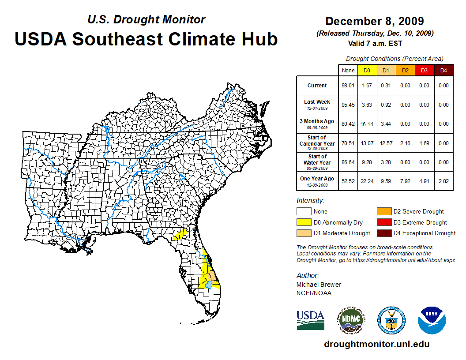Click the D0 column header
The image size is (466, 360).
click(x=366, y=70)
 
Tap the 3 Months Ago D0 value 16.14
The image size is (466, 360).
click(x=366, y=124)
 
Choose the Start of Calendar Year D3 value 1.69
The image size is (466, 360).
click(x=424, y=143)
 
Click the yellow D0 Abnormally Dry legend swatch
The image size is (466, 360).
click(x=304, y=222)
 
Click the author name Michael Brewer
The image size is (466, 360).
click(x=319, y=285)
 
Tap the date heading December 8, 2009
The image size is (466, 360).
click(x=375, y=21)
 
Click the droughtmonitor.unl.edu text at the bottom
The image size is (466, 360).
click(x=376, y=344)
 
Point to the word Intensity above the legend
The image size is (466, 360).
click(x=310, y=200)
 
